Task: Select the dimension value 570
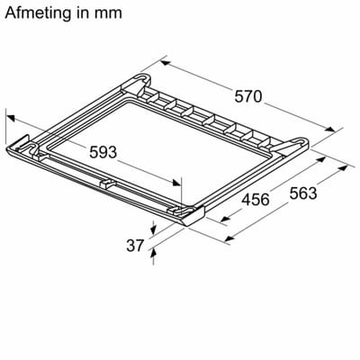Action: (248, 96)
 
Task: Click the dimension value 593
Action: (103, 152)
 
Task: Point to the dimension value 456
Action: (256, 200)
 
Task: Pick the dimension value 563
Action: (303, 193)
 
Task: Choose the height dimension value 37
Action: (135, 246)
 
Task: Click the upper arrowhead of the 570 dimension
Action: (166, 63)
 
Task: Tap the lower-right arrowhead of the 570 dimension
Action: (329, 130)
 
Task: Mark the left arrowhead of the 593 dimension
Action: (11, 118)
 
